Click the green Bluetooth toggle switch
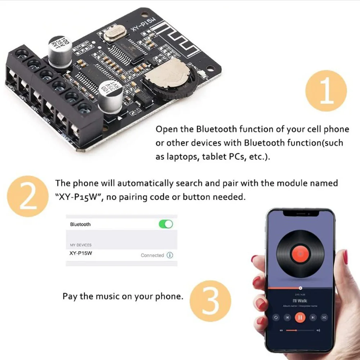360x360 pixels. [x=166, y=224]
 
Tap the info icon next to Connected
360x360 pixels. [x=170, y=255]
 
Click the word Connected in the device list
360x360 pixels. [x=152, y=255]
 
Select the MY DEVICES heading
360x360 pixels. [x=81, y=245]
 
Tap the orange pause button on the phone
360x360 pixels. [x=300, y=317]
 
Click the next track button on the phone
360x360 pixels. [x=313, y=317]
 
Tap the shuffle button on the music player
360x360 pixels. [x=324, y=317]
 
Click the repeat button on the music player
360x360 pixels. [x=276, y=317]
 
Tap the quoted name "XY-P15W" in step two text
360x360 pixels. [x=76, y=197]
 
